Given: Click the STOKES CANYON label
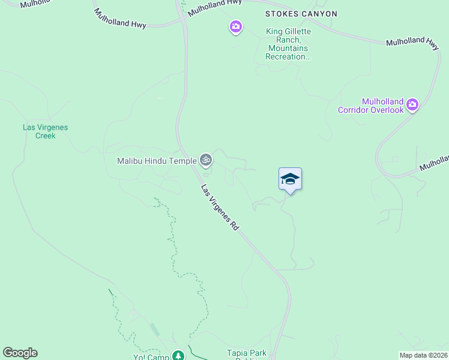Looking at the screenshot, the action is point(301,14).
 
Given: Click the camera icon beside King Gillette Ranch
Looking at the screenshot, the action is point(236,26).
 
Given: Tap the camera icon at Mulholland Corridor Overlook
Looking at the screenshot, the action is point(412,105).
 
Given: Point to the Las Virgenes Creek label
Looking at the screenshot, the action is point(45,131).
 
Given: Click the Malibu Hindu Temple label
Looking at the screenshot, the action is point(157,161).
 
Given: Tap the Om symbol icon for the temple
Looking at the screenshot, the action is point(206,160).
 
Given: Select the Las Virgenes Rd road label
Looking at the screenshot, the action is point(220,208).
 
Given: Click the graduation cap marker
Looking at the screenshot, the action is point(290,179).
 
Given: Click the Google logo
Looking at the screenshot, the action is point(20,353).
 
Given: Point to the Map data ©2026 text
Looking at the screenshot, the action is point(424,355).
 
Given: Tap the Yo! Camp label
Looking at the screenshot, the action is point(151,357).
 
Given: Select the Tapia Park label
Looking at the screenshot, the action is point(246,353).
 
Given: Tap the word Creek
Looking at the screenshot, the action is point(45,136).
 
